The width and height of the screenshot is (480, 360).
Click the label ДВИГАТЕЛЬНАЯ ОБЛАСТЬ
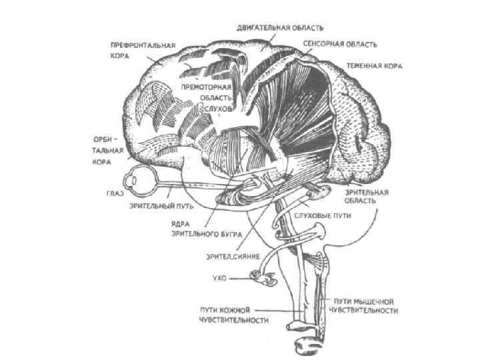pyautogui.click(x=280, y=28)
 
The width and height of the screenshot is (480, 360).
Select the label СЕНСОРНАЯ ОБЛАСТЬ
pyautogui.click(x=340, y=45)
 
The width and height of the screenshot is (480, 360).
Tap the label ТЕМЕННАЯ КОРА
pyautogui.click(x=374, y=66)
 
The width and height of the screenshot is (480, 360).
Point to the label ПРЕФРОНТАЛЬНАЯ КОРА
pyautogui.click(x=143, y=51)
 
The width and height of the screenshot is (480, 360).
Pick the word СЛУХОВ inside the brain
pyautogui.click(x=218, y=108)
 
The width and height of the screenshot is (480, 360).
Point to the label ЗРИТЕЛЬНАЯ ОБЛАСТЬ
pyautogui.click(x=367, y=195)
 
